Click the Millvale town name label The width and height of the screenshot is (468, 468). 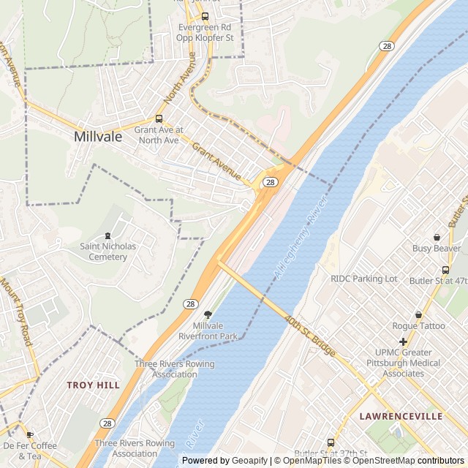[x=98, y=136]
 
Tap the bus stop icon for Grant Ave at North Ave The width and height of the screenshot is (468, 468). [x=159, y=119]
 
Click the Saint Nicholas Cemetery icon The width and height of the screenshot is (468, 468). [x=108, y=235]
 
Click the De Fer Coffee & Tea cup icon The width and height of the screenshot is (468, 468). [x=30, y=434]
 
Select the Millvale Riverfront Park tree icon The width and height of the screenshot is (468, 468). [x=208, y=314]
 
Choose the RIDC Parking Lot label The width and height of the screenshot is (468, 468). [x=364, y=279]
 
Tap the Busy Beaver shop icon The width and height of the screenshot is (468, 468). [x=437, y=237]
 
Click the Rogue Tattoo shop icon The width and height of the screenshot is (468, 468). [x=418, y=314]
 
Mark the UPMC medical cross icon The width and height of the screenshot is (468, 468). [x=403, y=341]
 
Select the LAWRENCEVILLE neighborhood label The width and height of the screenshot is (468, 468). [x=401, y=416]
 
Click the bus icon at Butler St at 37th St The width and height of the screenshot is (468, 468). [x=331, y=442]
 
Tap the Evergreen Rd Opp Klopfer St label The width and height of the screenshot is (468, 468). [x=206, y=31]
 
